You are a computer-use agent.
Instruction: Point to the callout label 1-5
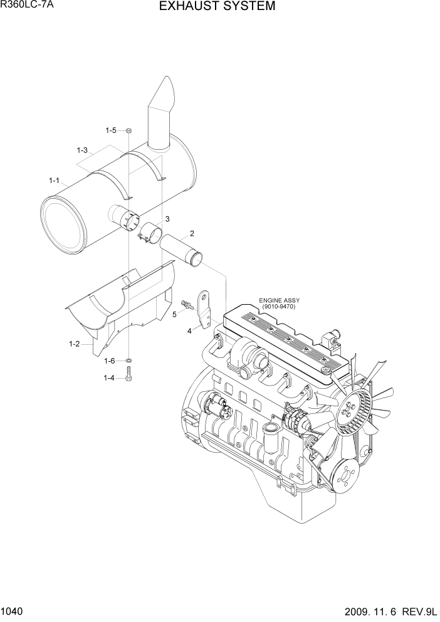pos(110,130)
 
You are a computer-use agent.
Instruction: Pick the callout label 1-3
pos(82,150)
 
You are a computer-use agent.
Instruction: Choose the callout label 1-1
pos(54,181)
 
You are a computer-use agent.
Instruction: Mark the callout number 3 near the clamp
pos(167,219)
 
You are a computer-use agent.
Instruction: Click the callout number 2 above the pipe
pos(192,234)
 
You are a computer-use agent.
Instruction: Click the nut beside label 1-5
pos(128,130)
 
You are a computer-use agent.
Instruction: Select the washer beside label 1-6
pos(128,361)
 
